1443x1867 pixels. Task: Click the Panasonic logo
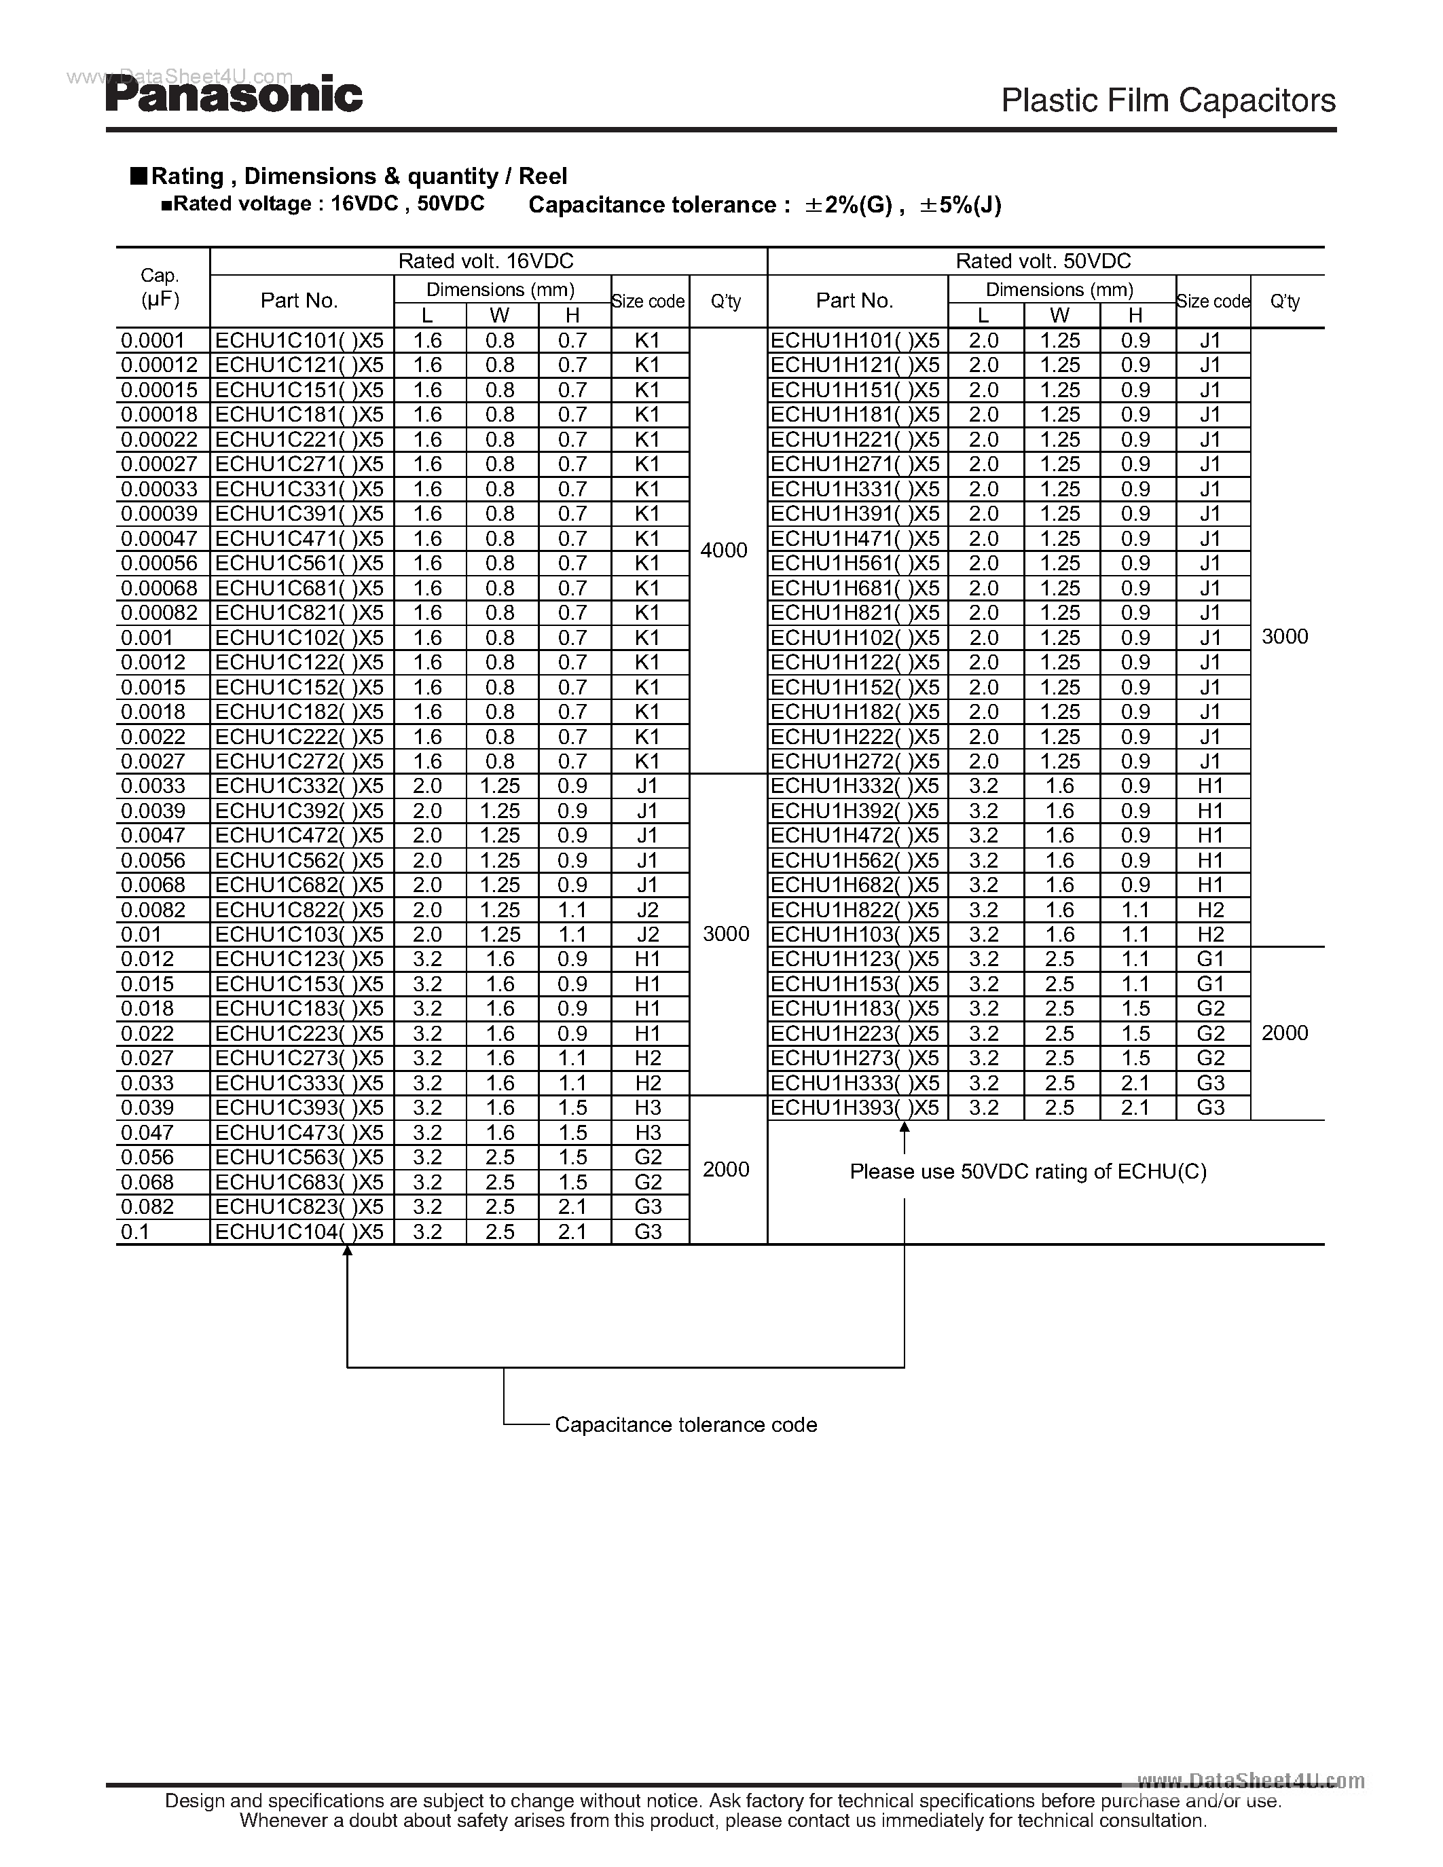(234, 95)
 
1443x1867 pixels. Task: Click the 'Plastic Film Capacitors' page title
(1168, 101)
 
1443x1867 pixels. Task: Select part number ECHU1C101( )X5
(299, 340)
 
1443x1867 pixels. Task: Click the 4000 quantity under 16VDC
(724, 551)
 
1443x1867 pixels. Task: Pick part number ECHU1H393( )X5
(855, 1108)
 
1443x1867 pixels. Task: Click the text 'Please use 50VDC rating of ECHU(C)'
(1027, 1171)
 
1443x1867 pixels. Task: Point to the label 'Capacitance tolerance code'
(686, 1425)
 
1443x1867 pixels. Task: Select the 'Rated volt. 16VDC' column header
(486, 261)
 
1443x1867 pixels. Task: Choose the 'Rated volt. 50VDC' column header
(1043, 261)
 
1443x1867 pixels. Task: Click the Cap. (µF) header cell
(160, 287)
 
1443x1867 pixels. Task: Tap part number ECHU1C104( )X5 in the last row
(299, 1232)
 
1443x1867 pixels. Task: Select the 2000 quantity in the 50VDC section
(1285, 1033)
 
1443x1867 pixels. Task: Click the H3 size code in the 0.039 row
(648, 1108)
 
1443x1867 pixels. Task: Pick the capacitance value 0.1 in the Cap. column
(135, 1232)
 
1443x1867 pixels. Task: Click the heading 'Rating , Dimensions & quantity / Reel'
(358, 176)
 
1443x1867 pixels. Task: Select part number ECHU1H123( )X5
(855, 959)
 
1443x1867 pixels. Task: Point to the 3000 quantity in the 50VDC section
(1285, 637)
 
